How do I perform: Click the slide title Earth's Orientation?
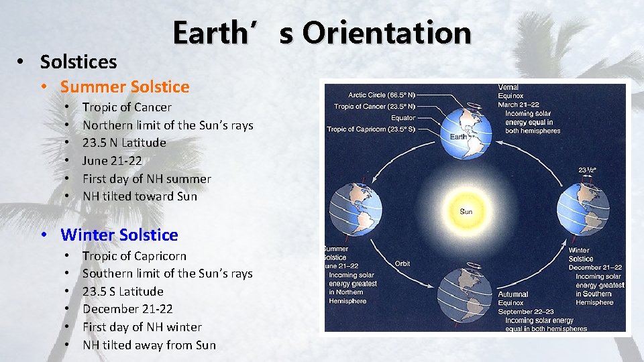click(322, 32)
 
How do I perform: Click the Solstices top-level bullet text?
click(78, 62)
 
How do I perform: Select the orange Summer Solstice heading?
click(125, 86)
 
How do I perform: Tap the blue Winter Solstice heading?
click(119, 235)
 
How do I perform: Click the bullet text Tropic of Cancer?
click(127, 107)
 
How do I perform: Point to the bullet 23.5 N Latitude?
click(124, 143)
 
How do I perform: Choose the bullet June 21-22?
click(112, 161)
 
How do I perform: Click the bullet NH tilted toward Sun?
click(140, 196)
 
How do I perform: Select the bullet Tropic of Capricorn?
click(134, 256)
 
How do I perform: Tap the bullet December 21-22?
click(127, 309)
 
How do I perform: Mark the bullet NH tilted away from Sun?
click(149, 345)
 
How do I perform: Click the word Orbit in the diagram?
click(402, 263)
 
